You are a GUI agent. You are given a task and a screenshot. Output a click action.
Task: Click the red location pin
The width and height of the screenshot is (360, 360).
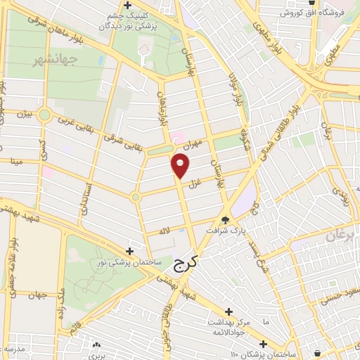[181, 166]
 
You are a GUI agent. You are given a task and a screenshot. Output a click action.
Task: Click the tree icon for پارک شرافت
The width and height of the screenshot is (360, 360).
[225, 219]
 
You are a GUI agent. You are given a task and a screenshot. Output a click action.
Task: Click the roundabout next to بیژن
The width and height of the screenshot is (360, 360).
[46, 115]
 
